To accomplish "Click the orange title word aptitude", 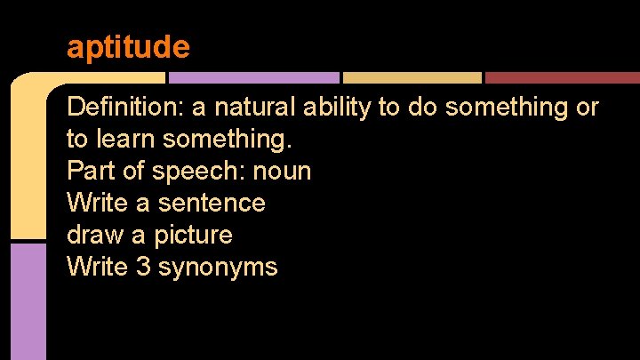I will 128,47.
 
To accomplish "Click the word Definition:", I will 124,108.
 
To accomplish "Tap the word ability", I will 337,108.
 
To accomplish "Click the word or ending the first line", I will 588,108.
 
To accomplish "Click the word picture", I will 193,235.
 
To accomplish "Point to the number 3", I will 143,267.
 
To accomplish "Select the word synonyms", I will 218,267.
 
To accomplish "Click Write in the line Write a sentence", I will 97,203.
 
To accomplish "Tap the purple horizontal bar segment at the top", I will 267,77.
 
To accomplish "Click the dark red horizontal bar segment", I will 562,77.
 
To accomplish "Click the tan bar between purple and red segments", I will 412,77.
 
